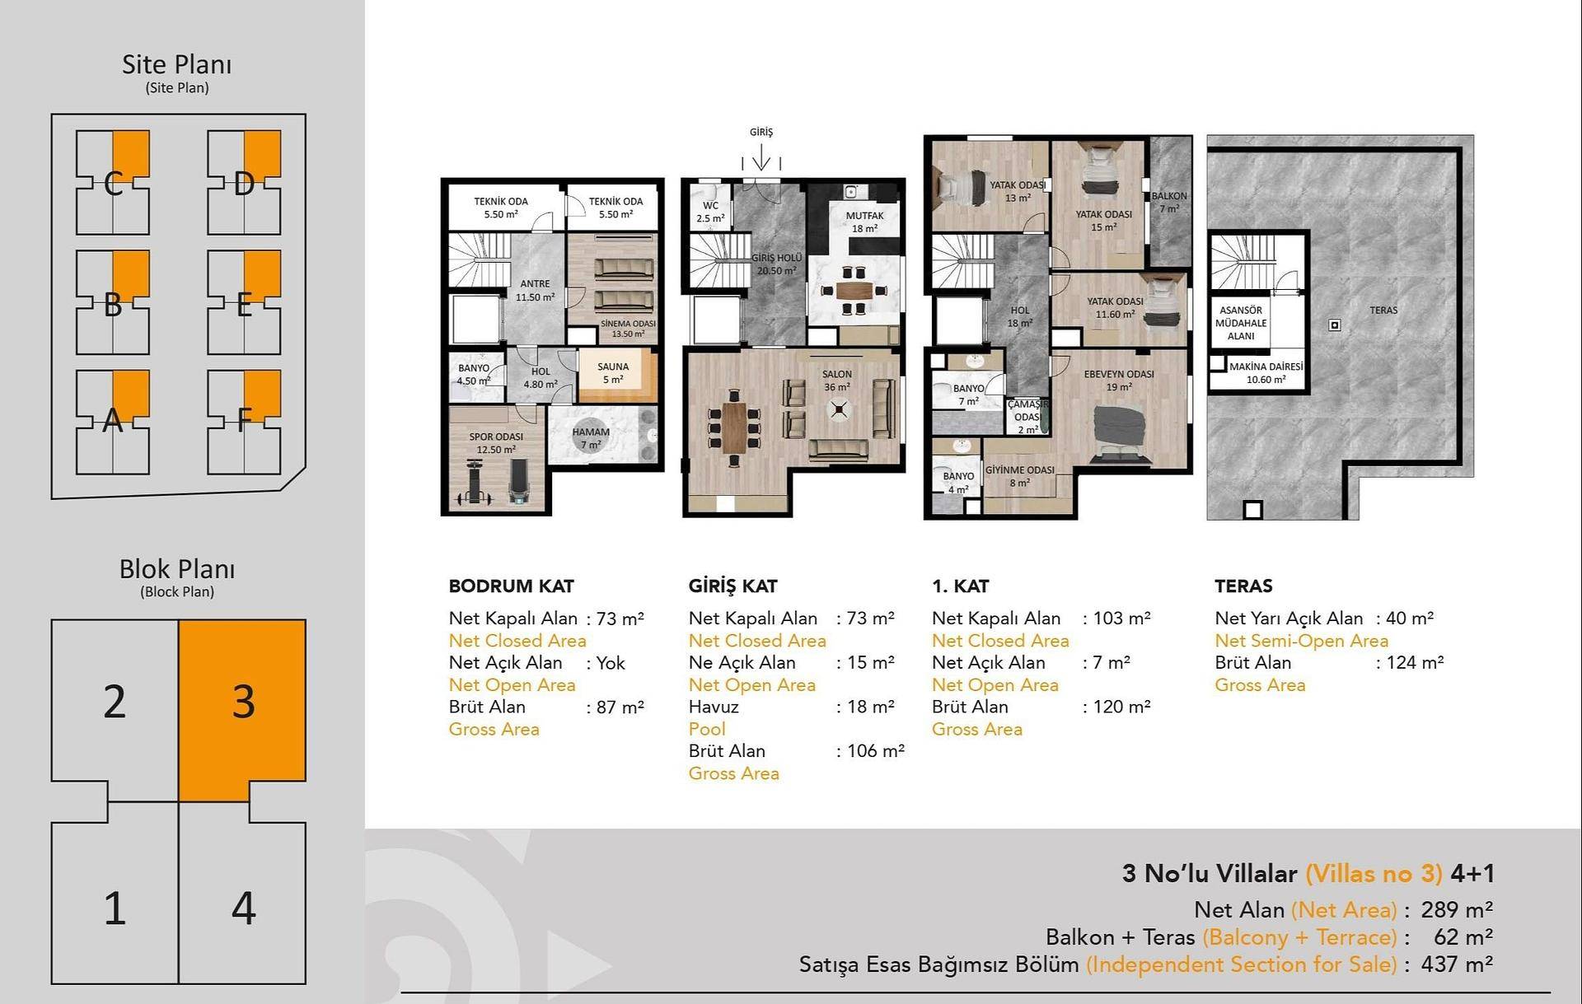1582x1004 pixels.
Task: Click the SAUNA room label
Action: [613, 367]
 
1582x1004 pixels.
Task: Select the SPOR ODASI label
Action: [496, 437]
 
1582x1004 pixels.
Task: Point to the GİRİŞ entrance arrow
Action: [761, 156]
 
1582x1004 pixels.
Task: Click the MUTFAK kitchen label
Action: [864, 216]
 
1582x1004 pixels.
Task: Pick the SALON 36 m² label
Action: [837, 381]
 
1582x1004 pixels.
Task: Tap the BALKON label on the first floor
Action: [1169, 196]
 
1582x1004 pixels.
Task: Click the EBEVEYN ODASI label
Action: [1119, 374]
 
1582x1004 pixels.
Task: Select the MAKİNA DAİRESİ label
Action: [1266, 367]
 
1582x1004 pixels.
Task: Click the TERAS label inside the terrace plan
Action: [1383, 311]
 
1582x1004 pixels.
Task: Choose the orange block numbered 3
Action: [243, 702]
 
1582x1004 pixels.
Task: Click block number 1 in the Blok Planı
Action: [115, 908]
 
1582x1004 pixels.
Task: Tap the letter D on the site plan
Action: [244, 184]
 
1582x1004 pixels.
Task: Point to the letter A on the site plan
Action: [113, 421]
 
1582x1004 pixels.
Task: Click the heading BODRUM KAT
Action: [511, 586]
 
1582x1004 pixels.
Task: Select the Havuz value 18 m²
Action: [871, 707]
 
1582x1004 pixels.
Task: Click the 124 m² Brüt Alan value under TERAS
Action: [1415, 662]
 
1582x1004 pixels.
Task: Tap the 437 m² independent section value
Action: [1457, 964]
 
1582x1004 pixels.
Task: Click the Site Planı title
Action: [176, 64]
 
